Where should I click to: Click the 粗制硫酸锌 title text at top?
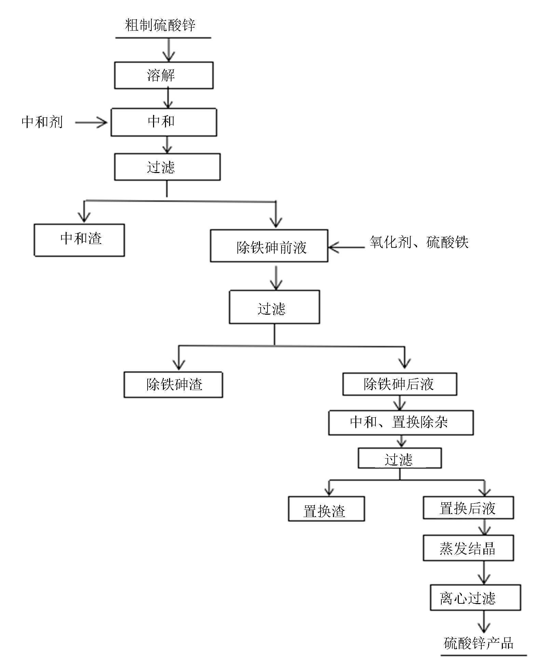pos(160,25)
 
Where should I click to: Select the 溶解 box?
pos(164,75)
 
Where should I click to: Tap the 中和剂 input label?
pos(42,122)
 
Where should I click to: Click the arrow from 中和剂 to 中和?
pos(91,122)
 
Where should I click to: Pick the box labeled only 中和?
pos(164,122)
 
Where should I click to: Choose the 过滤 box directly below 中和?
pos(167,167)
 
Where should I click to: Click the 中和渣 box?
pos(79,240)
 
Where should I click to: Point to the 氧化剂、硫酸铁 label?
pos(418,242)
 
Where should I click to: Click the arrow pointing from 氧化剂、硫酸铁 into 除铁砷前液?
pos(346,247)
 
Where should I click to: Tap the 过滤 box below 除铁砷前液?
pos(274,307)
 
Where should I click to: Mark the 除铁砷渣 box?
pos(173,385)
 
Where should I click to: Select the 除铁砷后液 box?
pos(400,384)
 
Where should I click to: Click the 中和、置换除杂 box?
pos(401,423)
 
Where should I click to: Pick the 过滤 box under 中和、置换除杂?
pos(400,458)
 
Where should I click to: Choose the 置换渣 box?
pos(326,509)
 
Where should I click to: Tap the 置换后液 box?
pos(468,508)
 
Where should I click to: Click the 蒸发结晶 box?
pos(468,548)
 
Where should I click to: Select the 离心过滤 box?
pos(475,597)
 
